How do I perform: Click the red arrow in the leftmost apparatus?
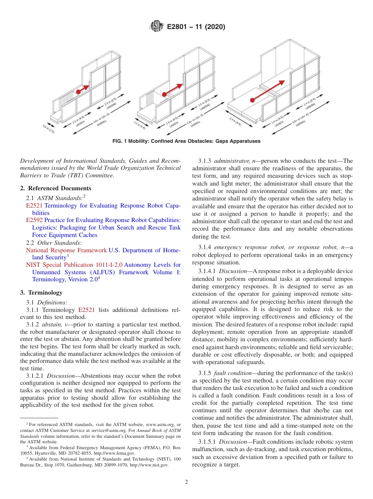83,89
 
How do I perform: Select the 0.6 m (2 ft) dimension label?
48,129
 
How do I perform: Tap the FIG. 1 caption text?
186,141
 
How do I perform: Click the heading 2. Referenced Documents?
55,188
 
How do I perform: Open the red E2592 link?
34,220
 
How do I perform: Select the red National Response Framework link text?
66,250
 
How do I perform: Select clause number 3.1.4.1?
207,271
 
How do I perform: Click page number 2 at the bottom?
186,482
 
